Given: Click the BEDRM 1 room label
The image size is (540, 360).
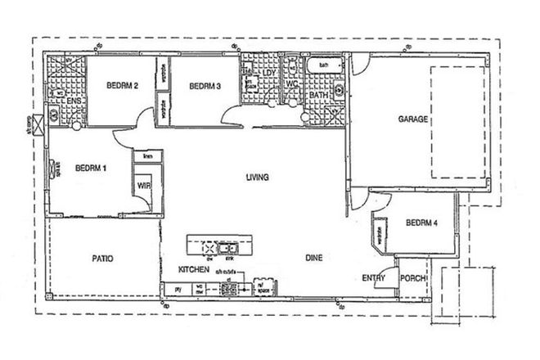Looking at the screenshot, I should pos(91,169).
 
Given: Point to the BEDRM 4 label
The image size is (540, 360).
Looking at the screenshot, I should pos(421,222).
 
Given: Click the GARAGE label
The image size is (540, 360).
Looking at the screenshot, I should pos(413,119).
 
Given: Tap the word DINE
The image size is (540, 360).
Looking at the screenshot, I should pos(314,259).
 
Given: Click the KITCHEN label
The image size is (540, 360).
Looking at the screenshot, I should pos(195,269).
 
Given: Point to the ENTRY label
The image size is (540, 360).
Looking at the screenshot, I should pos(373,278).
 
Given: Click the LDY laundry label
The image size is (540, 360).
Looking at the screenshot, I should pos(269,72).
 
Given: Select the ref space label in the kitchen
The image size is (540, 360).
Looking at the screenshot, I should pos(264,288).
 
